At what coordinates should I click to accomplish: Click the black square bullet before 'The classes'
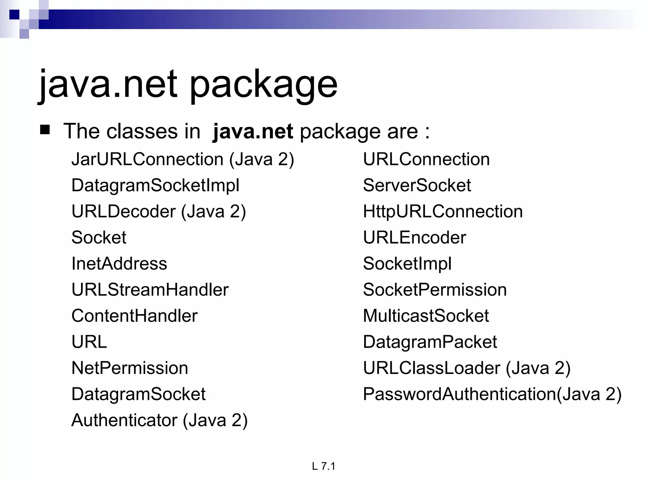[x=45, y=130]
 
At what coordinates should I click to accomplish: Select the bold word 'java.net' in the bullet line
[x=253, y=131]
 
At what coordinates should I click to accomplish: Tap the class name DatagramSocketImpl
[x=155, y=185]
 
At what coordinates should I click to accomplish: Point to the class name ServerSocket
[x=417, y=185]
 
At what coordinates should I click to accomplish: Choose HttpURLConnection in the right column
[x=443, y=211]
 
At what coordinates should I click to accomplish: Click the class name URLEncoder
[x=414, y=238]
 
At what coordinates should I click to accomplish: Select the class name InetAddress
[x=119, y=264]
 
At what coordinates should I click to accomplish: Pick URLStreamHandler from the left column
[x=150, y=290]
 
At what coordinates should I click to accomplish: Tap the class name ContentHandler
[x=134, y=316]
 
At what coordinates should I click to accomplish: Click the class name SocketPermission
[x=435, y=290]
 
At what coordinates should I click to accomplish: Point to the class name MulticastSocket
[x=426, y=316]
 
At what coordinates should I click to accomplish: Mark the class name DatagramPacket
[x=430, y=342]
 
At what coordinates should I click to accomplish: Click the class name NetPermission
[x=130, y=368]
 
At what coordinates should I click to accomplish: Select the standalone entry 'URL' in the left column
[x=89, y=342]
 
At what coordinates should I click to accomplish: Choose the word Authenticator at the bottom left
[x=124, y=421]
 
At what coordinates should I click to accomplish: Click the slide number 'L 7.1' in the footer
[x=323, y=466]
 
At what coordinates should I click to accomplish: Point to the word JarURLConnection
[x=147, y=159]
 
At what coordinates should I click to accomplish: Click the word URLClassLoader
[x=432, y=368]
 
